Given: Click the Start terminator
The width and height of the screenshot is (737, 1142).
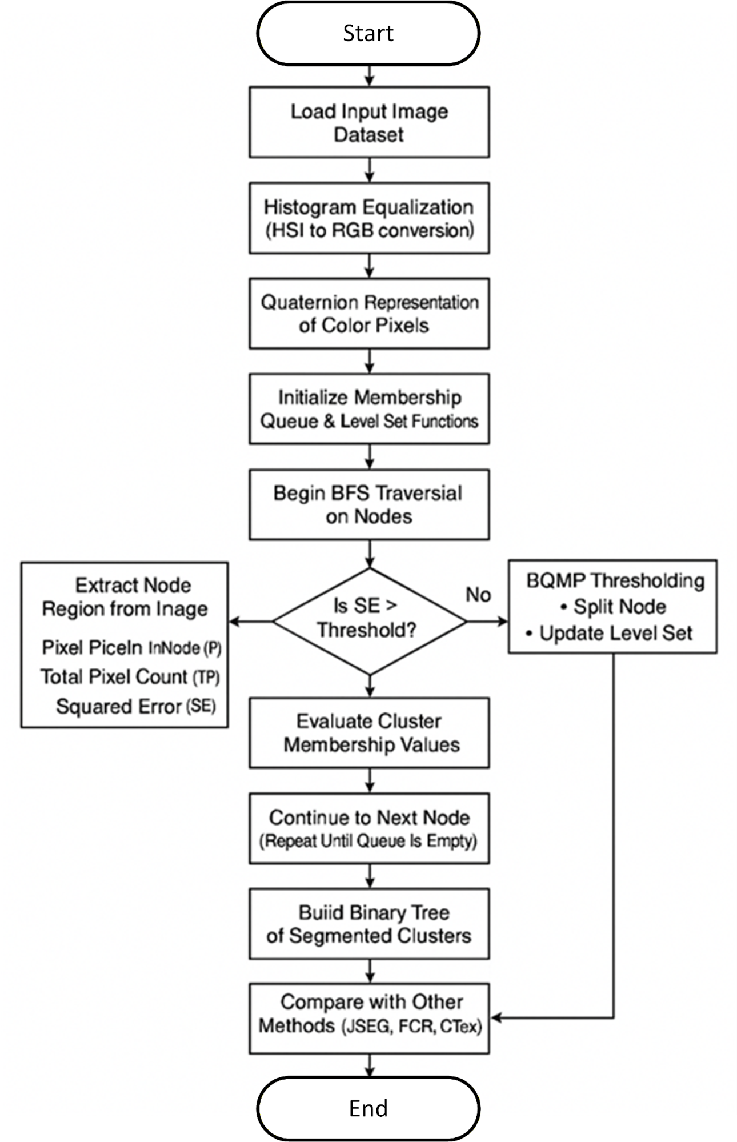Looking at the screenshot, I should pyautogui.click(x=368, y=33).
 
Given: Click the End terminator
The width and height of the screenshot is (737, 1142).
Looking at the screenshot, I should pyautogui.click(x=368, y=1108).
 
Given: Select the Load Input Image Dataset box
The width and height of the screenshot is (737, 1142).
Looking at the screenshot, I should pyautogui.click(x=369, y=122).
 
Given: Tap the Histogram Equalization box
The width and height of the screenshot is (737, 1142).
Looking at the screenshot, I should pyautogui.click(x=369, y=218).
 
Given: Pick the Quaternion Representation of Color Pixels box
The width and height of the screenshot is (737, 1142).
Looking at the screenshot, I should pyautogui.click(x=369, y=314).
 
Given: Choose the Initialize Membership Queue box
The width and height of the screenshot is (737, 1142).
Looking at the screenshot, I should pyautogui.click(x=369, y=409).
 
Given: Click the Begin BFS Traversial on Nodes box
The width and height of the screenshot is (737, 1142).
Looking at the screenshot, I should pyautogui.click(x=369, y=504).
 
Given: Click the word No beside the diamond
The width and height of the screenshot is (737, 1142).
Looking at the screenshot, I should pyautogui.click(x=478, y=595).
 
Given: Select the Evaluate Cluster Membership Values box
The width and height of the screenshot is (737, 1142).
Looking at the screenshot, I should pyautogui.click(x=369, y=733).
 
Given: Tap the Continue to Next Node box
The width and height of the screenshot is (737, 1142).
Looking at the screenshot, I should pyautogui.click(x=369, y=828).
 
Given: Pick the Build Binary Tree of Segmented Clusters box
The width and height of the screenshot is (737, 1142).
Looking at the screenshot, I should pyautogui.click(x=369, y=924).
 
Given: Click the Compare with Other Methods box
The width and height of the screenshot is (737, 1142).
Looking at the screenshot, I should pyautogui.click(x=369, y=1019).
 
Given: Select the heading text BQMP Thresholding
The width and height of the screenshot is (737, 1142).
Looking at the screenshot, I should pyautogui.click(x=615, y=580).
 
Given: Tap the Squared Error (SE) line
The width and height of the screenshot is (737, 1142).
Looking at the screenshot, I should pyautogui.click(x=136, y=707).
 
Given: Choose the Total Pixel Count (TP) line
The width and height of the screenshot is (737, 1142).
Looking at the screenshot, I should pyautogui.click(x=130, y=677).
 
